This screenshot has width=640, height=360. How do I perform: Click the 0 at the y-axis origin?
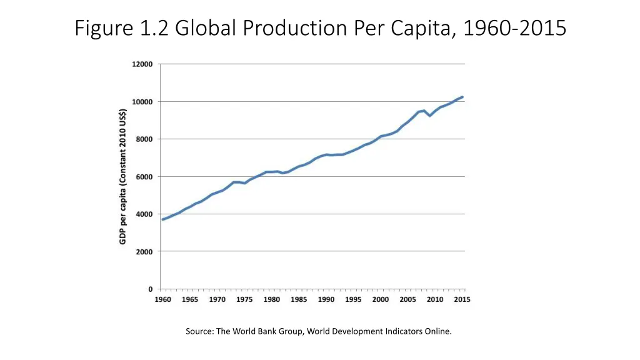point(151,289)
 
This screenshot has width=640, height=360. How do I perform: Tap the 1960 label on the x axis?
point(163,300)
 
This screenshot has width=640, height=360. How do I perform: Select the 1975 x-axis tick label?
point(245,300)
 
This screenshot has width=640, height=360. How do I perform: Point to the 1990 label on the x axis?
point(326,300)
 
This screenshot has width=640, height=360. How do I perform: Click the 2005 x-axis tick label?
point(408,300)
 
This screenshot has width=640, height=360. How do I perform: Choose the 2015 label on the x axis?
point(462,300)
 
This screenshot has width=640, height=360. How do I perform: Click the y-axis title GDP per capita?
point(123,176)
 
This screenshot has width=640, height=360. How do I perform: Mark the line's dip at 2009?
point(430,116)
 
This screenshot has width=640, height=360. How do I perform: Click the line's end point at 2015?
point(462,97)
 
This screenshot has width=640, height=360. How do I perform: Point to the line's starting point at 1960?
point(163,219)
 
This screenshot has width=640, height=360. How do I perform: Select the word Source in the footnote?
point(199,331)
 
